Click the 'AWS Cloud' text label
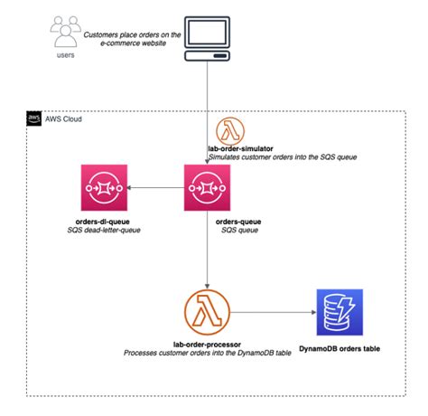[x=65, y=118]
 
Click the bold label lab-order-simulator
[x=243, y=147]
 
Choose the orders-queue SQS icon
[x=209, y=189]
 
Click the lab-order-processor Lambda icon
[x=209, y=314]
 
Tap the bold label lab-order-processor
[x=209, y=345]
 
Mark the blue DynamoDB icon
[x=339, y=313]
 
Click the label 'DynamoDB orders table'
[x=339, y=348]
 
